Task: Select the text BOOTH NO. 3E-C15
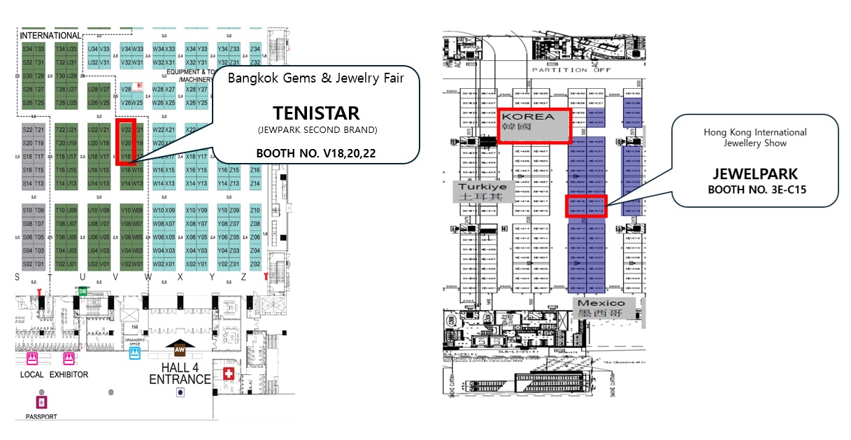pos(755,190)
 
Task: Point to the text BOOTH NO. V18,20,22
pos(316,153)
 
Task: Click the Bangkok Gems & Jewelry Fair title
pos(316,78)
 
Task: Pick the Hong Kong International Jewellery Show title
pos(755,138)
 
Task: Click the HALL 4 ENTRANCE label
pos(180,374)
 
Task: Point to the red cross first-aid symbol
pos(227,374)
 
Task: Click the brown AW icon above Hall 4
pos(180,348)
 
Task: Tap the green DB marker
pos(83,292)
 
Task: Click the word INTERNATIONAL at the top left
pos(50,36)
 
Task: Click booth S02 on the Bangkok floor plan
pos(28,264)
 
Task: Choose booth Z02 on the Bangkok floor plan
pos(255,264)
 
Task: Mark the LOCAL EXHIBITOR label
pos(54,375)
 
